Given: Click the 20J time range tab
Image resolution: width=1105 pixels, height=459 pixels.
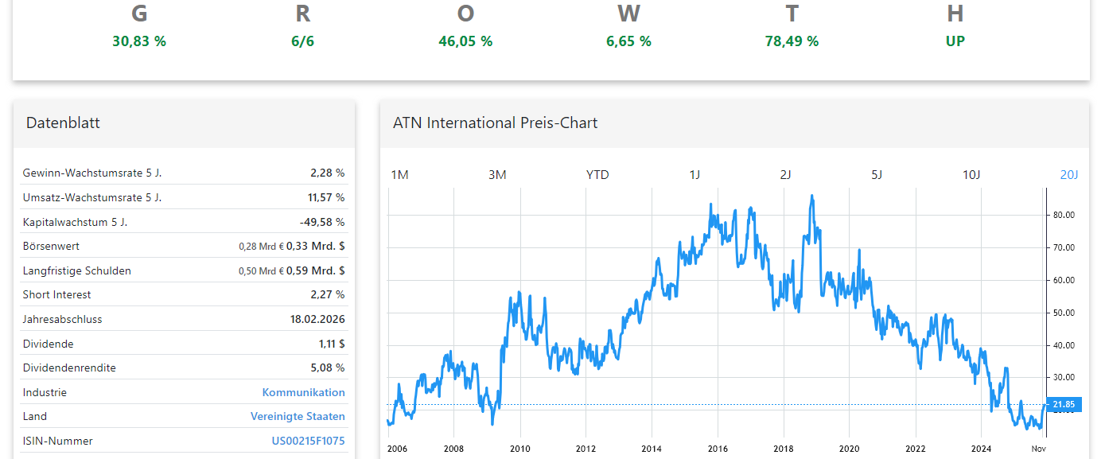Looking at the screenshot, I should click(x=1069, y=175).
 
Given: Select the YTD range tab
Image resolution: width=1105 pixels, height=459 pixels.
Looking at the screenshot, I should click(x=597, y=175).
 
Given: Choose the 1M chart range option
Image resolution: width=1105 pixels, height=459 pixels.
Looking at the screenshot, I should click(x=399, y=175).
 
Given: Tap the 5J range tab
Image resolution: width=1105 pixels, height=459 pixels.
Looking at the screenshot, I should click(x=876, y=175).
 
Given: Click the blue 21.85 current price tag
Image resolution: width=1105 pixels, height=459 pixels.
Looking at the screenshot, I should click(x=1063, y=405).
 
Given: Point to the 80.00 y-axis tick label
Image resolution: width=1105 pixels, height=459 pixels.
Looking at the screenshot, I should click(x=1064, y=215).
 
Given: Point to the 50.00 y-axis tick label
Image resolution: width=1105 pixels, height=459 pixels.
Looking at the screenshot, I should click(x=1064, y=313).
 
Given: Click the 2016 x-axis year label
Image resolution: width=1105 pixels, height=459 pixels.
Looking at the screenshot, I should click(x=717, y=449).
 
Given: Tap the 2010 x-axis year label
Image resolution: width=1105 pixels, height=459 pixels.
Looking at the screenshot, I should click(x=520, y=449).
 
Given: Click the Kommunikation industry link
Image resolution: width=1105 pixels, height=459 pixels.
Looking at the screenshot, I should click(x=303, y=392).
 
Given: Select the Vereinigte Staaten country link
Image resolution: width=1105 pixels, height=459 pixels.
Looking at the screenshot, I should click(x=298, y=416).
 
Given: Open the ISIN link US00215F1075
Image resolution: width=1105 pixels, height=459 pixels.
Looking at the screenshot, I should click(x=308, y=441).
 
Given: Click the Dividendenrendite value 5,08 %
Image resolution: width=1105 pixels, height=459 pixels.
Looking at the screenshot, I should click(x=328, y=368).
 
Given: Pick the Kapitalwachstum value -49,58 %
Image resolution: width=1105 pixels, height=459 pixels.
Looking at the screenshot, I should click(x=322, y=222).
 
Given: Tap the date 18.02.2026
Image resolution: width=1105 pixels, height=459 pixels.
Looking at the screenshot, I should click(x=317, y=319).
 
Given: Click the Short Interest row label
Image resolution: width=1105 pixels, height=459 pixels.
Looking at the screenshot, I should click(x=57, y=294).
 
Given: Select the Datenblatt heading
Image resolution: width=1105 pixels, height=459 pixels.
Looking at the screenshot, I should click(x=63, y=123).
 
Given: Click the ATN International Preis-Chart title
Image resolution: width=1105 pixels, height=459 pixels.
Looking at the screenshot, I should click(x=495, y=123).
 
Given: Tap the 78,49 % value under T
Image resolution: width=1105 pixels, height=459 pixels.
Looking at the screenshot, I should click(x=792, y=41).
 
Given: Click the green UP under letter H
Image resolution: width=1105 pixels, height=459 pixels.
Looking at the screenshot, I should click(x=955, y=41).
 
